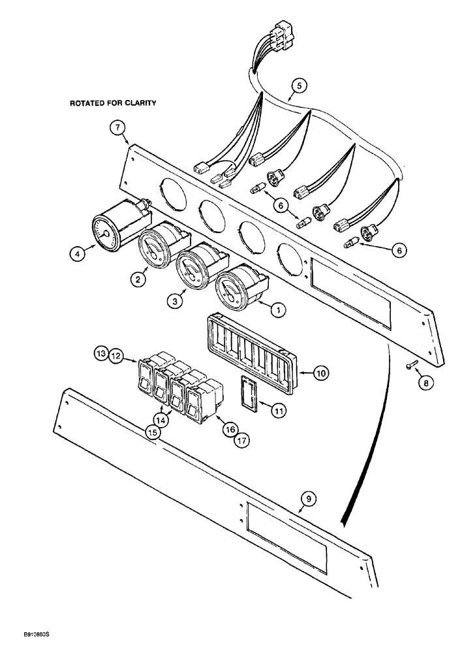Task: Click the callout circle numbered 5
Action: pyautogui.click(x=299, y=84)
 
